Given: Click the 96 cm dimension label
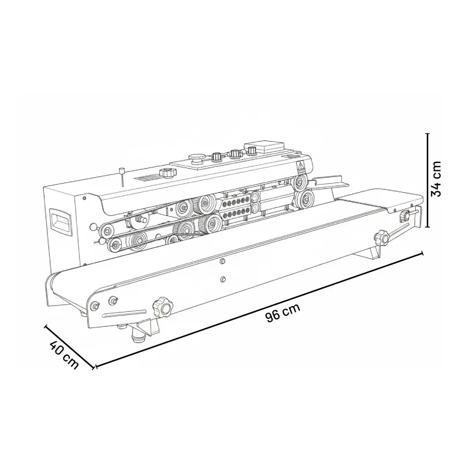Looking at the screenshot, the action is pyautogui.click(x=282, y=312).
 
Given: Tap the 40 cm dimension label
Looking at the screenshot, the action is pyautogui.click(x=64, y=355).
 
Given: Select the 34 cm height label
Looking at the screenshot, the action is pyautogui.click(x=436, y=179).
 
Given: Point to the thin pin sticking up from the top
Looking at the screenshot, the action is pyautogui.click(x=121, y=177).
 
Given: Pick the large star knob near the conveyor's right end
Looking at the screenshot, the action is pyautogui.click(x=382, y=237).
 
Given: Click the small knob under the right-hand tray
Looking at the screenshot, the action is pyautogui.click(x=405, y=215).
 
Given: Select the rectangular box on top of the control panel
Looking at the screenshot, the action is pyautogui.click(x=264, y=147).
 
